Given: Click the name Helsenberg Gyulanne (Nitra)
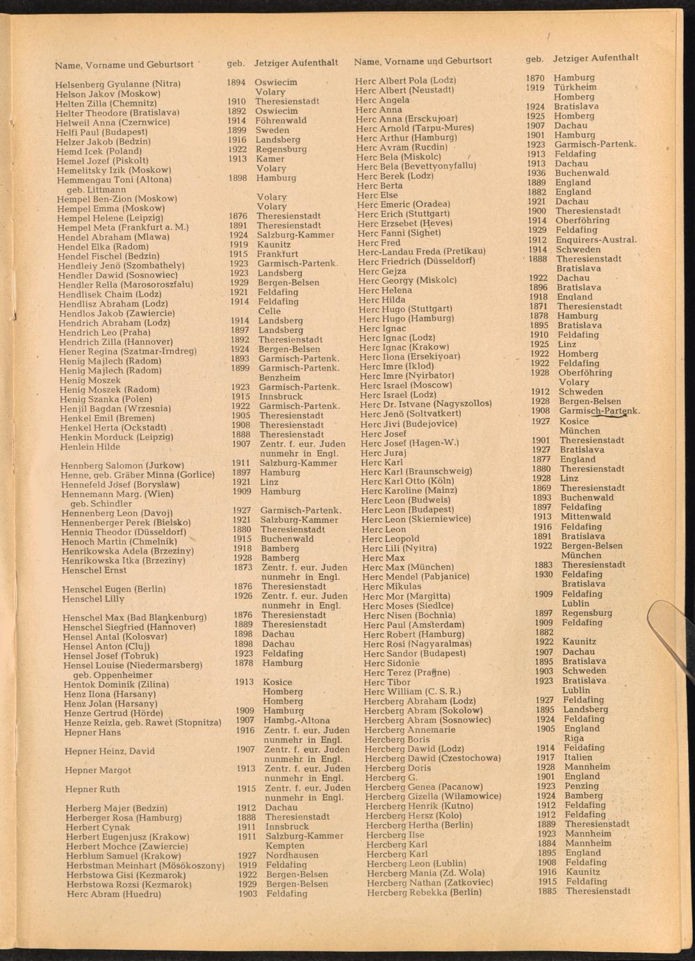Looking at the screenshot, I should (x=118, y=84).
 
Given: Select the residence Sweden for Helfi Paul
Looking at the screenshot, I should (x=272, y=130).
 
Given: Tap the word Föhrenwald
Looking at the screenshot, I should (x=281, y=120).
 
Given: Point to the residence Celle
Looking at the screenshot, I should (x=270, y=312).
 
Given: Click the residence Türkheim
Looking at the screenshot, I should (x=575, y=88).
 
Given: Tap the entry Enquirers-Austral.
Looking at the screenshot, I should (x=596, y=240).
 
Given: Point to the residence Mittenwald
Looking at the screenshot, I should (x=586, y=517).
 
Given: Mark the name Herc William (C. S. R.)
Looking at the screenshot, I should (x=412, y=692).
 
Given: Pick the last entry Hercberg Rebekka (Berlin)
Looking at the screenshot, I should (x=424, y=892).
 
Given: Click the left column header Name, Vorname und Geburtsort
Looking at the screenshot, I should (x=124, y=65).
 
